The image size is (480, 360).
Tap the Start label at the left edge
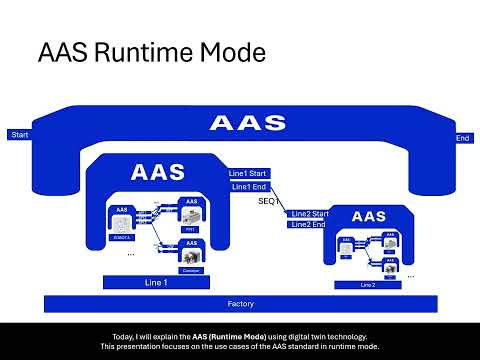click(x=18, y=135)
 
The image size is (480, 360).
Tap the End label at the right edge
click(x=462, y=138)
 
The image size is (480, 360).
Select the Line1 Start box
click(x=248, y=173)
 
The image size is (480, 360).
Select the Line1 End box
click(x=247, y=186)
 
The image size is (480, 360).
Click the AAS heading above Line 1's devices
click(x=158, y=172)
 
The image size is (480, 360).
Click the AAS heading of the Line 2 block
click(x=369, y=216)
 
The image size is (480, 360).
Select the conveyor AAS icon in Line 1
click(x=191, y=258)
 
